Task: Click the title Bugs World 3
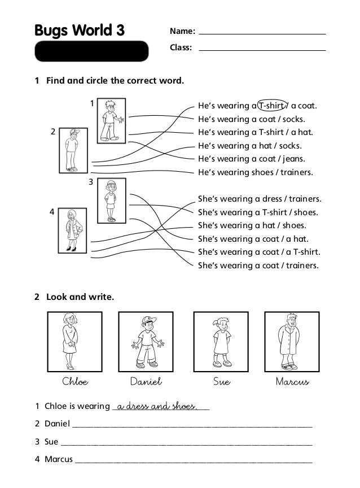pyautogui.click(x=79, y=30)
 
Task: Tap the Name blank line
pyautogui.click(x=262, y=33)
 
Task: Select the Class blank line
pyautogui.click(x=262, y=50)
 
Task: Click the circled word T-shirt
pyautogui.click(x=271, y=106)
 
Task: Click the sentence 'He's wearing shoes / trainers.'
pyautogui.click(x=255, y=172)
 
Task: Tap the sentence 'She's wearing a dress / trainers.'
pyautogui.click(x=260, y=199)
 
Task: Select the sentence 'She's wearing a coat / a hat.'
pyautogui.click(x=253, y=239)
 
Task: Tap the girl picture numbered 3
pyautogui.click(x=111, y=201)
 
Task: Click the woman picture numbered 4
pyautogui.click(x=72, y=230)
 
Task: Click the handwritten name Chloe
pyautogui.click(x=74, y=382)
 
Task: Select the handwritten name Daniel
pyautogui.click(x=146, y=382)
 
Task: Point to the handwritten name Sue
pyautogui.click(x=221, y=382)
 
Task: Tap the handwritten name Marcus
pyautogui.click(x=292, y=382)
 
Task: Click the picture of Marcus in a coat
pyautogui.click(x=287, y=341)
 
